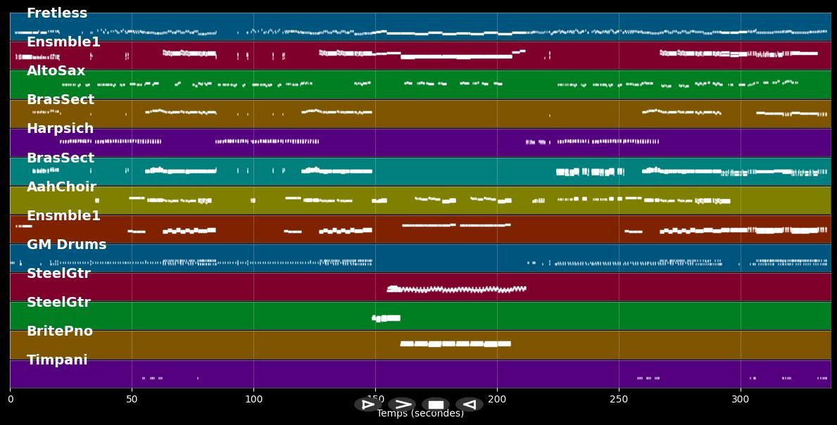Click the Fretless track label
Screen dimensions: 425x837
pos(57,13)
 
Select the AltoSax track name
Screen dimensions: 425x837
pos(56,71)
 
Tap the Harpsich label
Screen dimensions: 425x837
pos(60,129)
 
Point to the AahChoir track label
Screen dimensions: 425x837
pos(61,187)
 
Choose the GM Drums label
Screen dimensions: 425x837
pos(66,245)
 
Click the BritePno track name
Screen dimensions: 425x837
pos(59,331)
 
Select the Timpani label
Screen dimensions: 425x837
pos(57,360)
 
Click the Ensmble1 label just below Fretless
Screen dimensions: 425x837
pos(63,42)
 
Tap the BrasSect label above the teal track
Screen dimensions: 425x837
pos(60,158)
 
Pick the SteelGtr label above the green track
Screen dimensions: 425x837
pos(58,303)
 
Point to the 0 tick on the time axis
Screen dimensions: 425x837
pos(10,400)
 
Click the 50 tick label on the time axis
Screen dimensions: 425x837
pos(132,400)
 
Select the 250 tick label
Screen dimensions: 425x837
pos(619,400)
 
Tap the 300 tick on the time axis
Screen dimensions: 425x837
pos(741,400)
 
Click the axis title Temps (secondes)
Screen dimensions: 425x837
pos(420,414)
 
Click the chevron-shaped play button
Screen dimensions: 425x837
pos(402,405)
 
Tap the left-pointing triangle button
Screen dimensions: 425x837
pos(470,405)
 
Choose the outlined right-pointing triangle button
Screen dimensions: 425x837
pos(367,405)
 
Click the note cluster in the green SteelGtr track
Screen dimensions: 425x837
pos(386,318)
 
